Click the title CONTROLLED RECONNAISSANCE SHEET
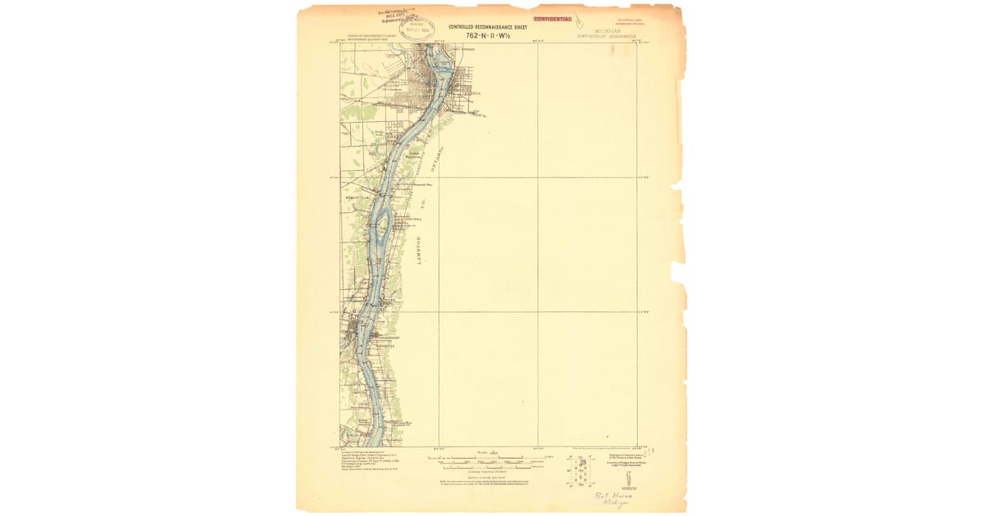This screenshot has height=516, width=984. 487,27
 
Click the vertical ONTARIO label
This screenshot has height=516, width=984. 440,161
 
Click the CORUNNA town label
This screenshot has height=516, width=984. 412,220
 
